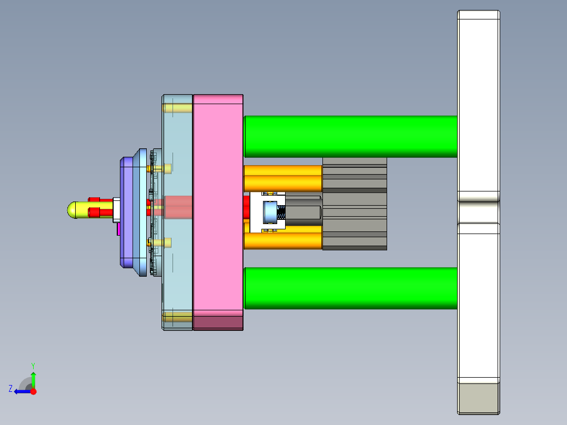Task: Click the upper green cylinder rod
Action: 351,136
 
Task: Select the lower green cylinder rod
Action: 351,288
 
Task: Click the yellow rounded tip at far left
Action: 74,210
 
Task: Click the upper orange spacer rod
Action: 282,178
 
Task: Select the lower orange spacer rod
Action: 282,240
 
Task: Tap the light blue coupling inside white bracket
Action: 270,212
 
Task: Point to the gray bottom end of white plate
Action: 478,398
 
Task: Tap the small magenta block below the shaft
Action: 119,228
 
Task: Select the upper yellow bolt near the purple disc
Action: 161,168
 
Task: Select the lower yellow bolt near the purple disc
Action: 161,242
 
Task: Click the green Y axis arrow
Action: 33,377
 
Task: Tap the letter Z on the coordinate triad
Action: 11,388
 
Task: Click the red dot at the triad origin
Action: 33,391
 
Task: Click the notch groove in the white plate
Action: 478,201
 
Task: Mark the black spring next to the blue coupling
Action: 281,213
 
